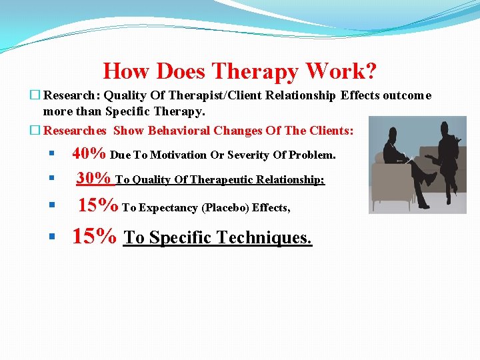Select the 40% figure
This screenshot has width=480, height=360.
pos(89,153)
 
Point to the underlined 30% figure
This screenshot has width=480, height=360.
pos(93,178)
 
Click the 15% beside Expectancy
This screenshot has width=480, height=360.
pos(98,205)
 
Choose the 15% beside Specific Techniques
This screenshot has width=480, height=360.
pos(95,237)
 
